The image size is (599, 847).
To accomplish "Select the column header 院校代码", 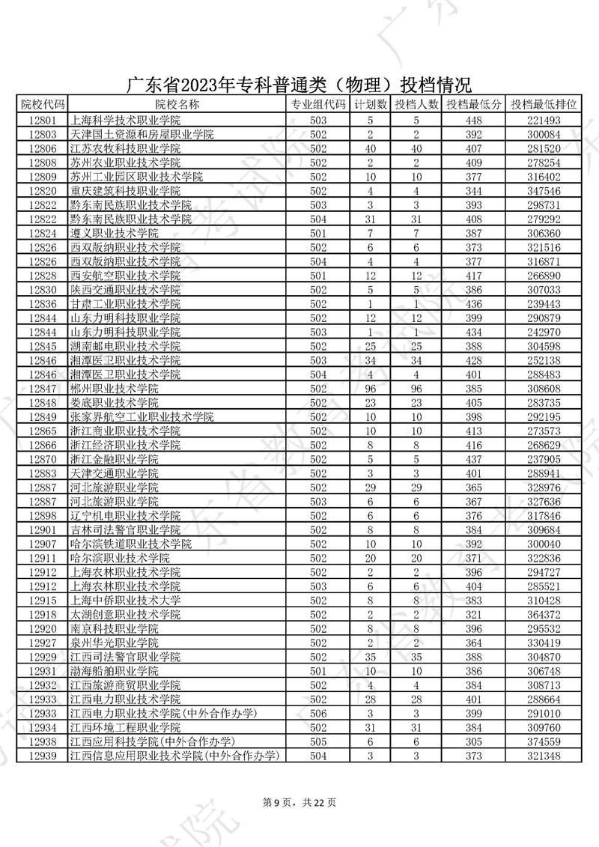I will pyautogui.click(x=43, y=104).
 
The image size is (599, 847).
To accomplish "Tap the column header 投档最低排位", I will pyautogui.click(x=545, y=104).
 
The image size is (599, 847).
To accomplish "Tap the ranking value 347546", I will pyautogui.click(x=544, y=191).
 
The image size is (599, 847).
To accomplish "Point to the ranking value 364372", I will pyautogui.click(x=544, y=614).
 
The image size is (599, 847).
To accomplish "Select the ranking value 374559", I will pyautogui.click(x=544, y=741).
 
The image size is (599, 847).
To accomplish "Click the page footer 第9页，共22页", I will pyautogui.click(x=299, y=803).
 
